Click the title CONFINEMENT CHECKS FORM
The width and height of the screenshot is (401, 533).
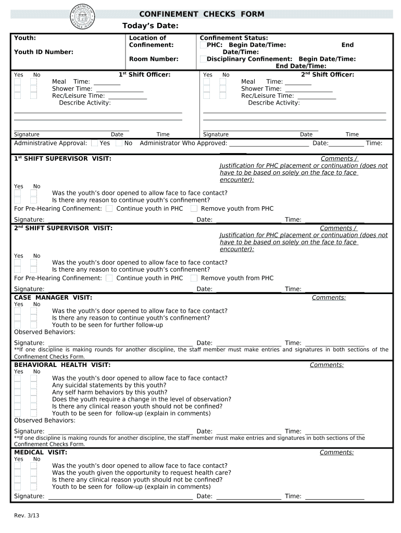(x=202, y=14)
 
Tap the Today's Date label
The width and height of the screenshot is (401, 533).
(x=151, y=27)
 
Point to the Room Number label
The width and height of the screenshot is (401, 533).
(x=154, y=59)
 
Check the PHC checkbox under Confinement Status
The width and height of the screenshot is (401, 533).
(x=203, y=45)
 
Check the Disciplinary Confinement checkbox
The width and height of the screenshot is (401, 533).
(x=203, y=59)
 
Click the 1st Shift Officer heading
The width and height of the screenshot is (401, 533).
(x=145, y=74)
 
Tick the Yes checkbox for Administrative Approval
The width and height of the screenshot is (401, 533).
(x=94, y=143)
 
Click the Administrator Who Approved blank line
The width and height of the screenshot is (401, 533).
(x=269, y=144)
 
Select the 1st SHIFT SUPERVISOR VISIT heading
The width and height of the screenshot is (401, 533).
(x=62, y=158)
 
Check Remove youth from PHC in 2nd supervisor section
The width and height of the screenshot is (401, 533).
(x=194, y=278)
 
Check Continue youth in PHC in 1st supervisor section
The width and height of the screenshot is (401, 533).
(x=109, y=209)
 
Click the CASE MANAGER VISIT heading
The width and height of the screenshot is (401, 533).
(x=53, y=297)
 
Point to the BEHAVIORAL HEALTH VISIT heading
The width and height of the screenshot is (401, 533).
(x=62, y=365)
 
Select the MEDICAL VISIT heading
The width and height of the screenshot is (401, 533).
(x=41, y=452)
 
